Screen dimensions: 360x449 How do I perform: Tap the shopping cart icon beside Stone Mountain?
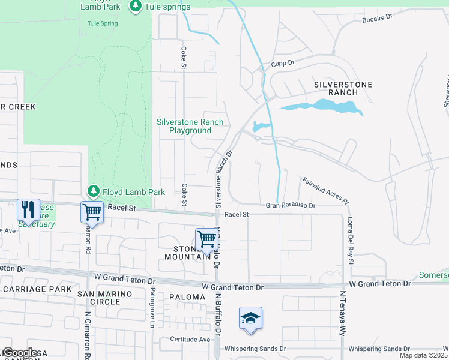206,239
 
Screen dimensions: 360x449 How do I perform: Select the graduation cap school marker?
250,317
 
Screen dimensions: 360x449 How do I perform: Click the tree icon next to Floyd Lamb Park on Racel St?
93,191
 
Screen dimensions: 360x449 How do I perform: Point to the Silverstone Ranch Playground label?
190,126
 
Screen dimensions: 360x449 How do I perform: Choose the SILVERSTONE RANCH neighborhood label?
343,89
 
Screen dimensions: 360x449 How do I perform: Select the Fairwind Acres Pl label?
325,190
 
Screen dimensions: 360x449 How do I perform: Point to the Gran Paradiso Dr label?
291,206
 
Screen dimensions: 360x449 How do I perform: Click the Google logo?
20,353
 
